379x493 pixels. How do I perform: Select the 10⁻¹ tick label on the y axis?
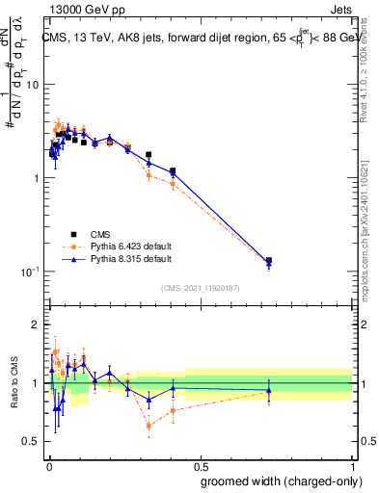click(x=27, y=272)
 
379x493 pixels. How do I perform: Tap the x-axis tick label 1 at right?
click(x=352, y=467)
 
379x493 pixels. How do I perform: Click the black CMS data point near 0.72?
click(x=269, y=261)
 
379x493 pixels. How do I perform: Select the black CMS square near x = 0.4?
click(x=173, y=171)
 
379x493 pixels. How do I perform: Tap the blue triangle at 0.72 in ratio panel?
click(x=269, y=390)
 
